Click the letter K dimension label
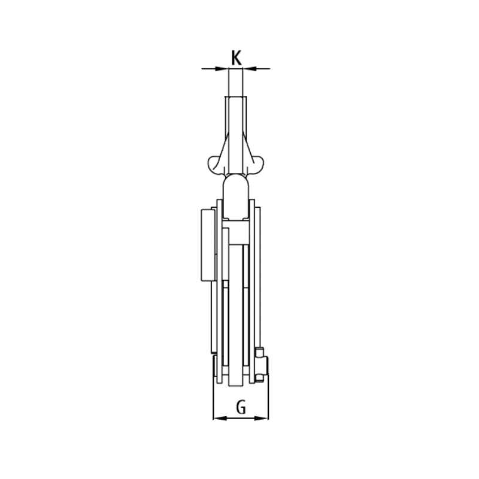[x=236, y=58]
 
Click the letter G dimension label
[x=241, y=407]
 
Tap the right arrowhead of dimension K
[x=249, y=69]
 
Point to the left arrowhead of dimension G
[x=220, y=418]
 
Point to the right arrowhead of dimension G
[x=262, y=418]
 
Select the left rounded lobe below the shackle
[x=216, y=166]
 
